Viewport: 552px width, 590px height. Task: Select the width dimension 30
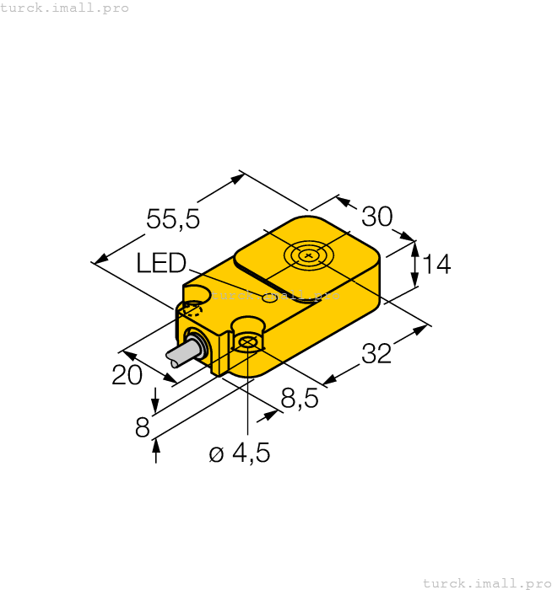pos(377,217)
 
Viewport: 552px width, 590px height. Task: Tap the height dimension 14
pos(436,265)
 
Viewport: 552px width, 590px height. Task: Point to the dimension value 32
pos(376,355)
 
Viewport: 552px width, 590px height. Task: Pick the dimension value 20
pos(127,375)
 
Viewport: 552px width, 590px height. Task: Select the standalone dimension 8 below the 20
pos(143,428)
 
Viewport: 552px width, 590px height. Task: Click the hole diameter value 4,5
pos(251,453)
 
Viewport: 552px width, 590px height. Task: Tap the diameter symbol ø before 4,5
pos(216,454)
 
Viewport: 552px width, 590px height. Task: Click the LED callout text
pos(160,264)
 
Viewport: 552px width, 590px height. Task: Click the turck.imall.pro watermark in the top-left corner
pos(65,8)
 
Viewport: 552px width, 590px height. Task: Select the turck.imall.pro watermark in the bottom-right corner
pos(486,582)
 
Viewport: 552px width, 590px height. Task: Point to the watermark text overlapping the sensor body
pos(275,296)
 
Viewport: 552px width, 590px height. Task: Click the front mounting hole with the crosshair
pos(247,341)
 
